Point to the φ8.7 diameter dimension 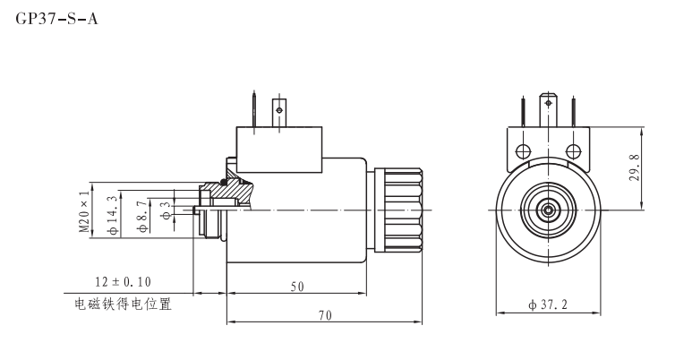click(141, 216)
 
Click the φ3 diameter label click(165, 212)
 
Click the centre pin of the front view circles click(545, 209)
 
